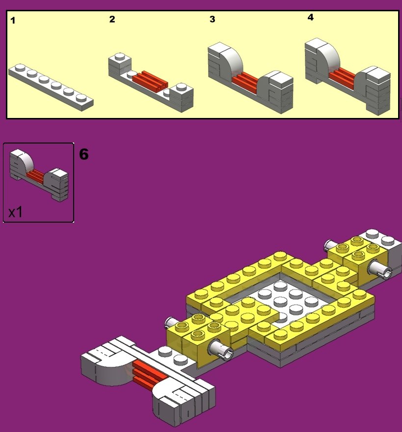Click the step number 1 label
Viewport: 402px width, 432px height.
13,21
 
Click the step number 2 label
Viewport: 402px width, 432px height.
112,20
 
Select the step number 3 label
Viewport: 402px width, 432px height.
212,20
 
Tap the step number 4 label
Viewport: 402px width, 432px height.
310,17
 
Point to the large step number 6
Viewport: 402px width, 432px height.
84,154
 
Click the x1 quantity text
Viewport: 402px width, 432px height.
15,212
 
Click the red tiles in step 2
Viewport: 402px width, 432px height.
150,79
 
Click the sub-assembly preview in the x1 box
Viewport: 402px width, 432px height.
38,174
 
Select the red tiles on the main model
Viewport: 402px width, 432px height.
150,373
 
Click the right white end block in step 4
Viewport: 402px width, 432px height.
378,88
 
